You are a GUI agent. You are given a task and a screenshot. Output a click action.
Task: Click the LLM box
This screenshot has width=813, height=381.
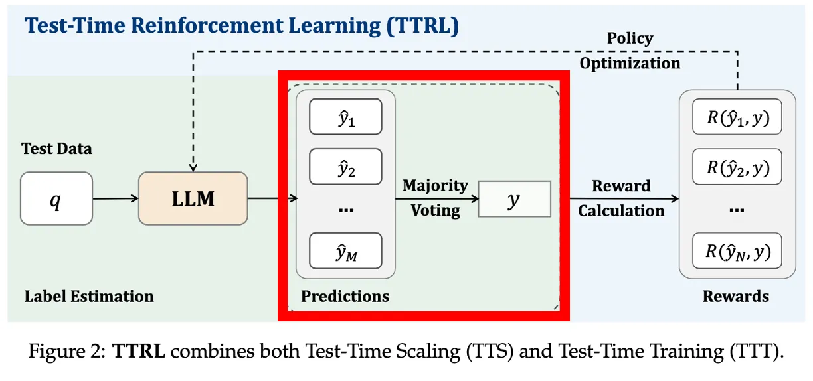click(193, 198)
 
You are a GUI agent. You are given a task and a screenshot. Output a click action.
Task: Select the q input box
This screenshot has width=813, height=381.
click(56, 198)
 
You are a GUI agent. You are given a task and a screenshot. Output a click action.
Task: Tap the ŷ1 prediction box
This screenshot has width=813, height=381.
click(345, 116)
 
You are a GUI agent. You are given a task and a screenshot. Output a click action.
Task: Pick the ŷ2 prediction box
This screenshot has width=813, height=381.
click(345, 167)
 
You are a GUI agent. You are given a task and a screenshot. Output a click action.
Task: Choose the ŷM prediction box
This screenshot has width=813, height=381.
click(345, 251)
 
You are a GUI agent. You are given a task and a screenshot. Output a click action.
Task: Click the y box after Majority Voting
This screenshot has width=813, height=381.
click(515, 199)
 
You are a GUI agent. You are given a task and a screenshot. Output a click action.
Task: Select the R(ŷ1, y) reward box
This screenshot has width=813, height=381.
click(737, 116)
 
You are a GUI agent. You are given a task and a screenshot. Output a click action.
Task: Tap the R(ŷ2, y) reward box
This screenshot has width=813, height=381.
click(737, 167)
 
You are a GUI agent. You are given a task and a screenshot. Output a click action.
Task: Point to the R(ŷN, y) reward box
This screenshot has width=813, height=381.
click(737, 251)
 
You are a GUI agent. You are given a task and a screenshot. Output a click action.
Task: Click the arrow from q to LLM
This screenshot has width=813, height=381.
click(116, 198)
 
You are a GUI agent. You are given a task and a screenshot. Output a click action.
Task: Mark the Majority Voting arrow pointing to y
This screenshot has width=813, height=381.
click(437, 199)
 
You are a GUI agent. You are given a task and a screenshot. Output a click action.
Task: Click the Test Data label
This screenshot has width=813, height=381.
click(56, 149)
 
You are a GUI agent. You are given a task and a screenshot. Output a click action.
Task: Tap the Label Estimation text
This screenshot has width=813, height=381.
click(89, 297)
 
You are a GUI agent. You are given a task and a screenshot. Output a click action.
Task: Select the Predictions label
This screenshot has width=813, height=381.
click(345, 297)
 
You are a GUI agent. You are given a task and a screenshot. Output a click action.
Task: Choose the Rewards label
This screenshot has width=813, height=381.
click(736, 297)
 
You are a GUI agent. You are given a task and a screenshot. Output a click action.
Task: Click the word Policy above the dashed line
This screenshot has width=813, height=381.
click(630, 38)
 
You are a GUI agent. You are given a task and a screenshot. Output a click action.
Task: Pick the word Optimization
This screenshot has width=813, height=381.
click(630, 64)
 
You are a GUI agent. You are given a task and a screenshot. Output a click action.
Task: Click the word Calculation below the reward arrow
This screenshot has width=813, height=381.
click(621, 211)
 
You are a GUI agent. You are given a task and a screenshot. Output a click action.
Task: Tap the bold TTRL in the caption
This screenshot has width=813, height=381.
click(138, 351)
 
